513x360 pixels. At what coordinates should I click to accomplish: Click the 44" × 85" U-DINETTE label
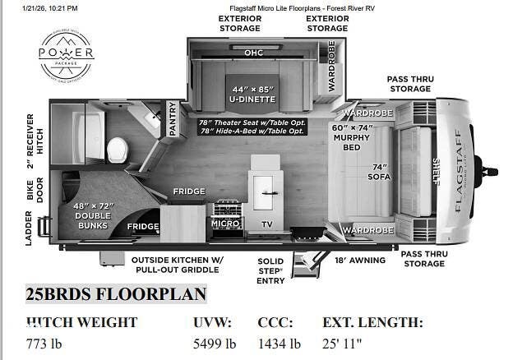pyautogui.click(x=251, y=94)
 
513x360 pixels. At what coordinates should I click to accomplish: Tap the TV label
pyautogui.click(x=266, y=224)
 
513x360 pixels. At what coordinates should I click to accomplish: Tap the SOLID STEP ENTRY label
pyautogui.click(x=270, y=270)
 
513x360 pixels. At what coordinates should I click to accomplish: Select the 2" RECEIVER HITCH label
pyautogui.click(x=34, y=135)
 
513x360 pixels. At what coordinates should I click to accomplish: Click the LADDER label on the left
pyautogui.click(x=29, y=231)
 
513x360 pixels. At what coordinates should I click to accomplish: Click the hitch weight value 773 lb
pyautogui.click(x=44, y=344)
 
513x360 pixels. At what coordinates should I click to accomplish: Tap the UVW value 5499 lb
pyautogui.click(x=215, y=344)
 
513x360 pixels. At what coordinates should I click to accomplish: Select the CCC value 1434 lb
pyautogui.click(x=280, y=344)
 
